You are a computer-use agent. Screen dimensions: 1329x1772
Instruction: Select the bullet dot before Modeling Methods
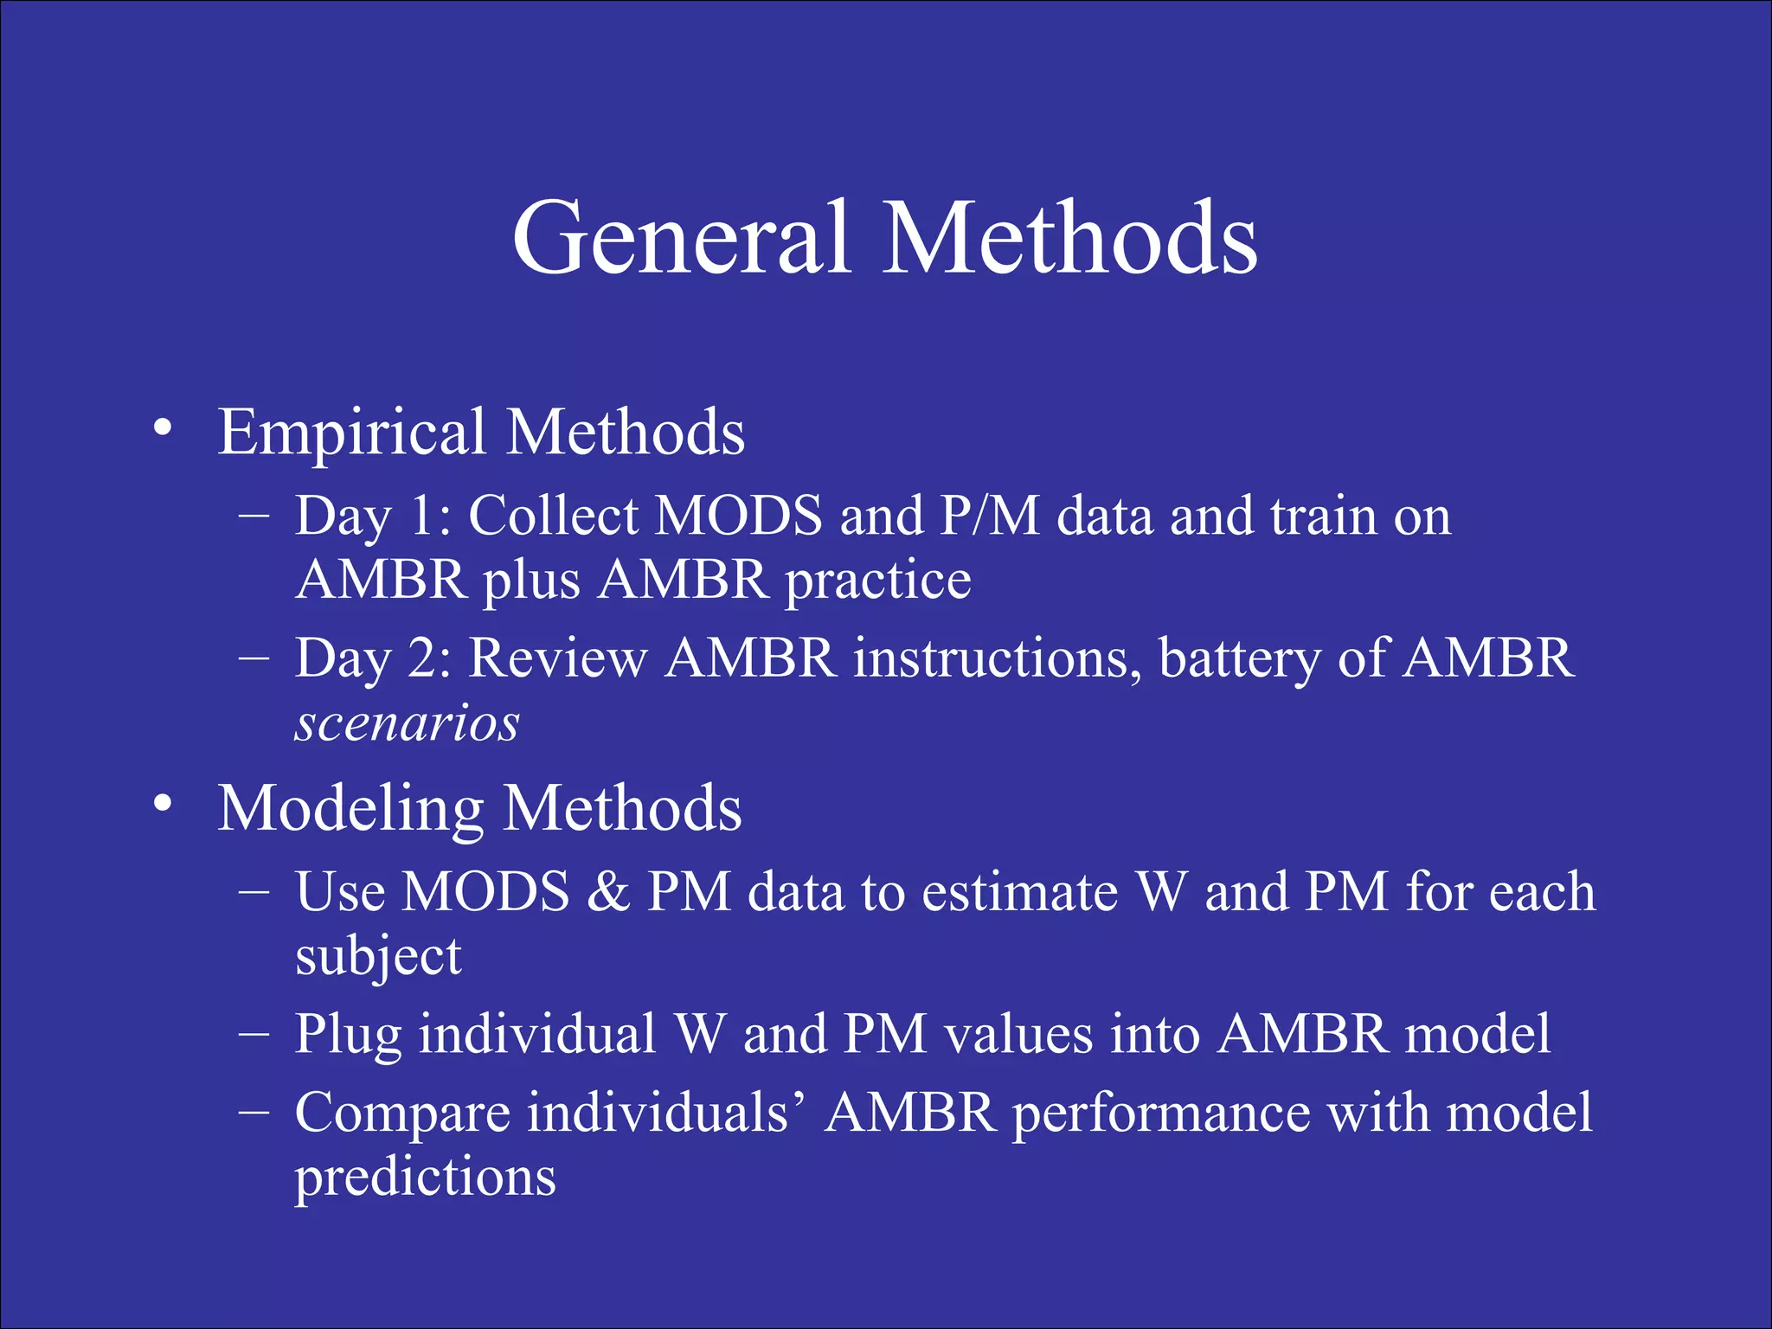tap(163, 804)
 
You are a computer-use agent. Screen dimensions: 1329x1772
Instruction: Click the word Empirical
tap(351, 433)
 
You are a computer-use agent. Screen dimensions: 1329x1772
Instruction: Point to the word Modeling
tap(350, 810)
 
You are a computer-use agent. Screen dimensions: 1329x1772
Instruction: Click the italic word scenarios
tap(407, 723)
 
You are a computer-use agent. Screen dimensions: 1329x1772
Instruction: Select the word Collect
tap(553, 517)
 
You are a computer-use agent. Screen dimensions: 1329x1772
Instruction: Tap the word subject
tap(378, 957)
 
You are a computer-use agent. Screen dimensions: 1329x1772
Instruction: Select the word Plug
tap(348, 1036)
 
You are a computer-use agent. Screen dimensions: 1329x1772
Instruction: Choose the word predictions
tap(425, 1178)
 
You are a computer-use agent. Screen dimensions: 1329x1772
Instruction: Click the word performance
tap(1161, 1114)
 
